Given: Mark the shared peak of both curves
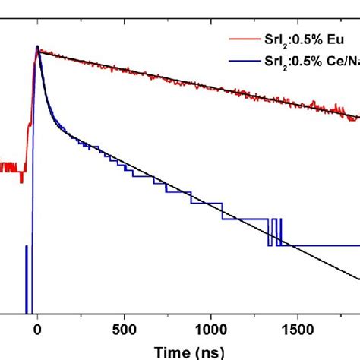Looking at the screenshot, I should (x=36, y=48).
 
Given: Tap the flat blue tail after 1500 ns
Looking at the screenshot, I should (x=327, y=245).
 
